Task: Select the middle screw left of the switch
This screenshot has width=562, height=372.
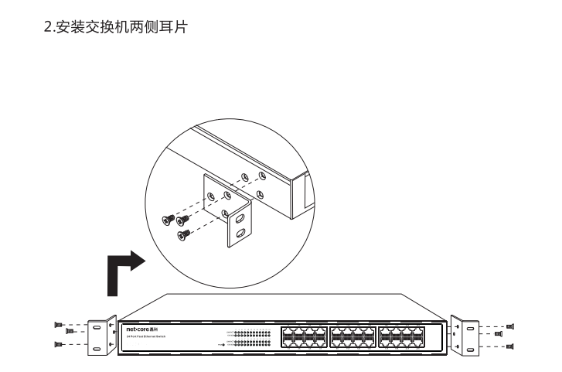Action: tap(71, 331)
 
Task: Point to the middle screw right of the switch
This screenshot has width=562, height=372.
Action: tap(499, 334)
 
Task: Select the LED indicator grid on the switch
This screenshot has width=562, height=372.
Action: tap(252, 337)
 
